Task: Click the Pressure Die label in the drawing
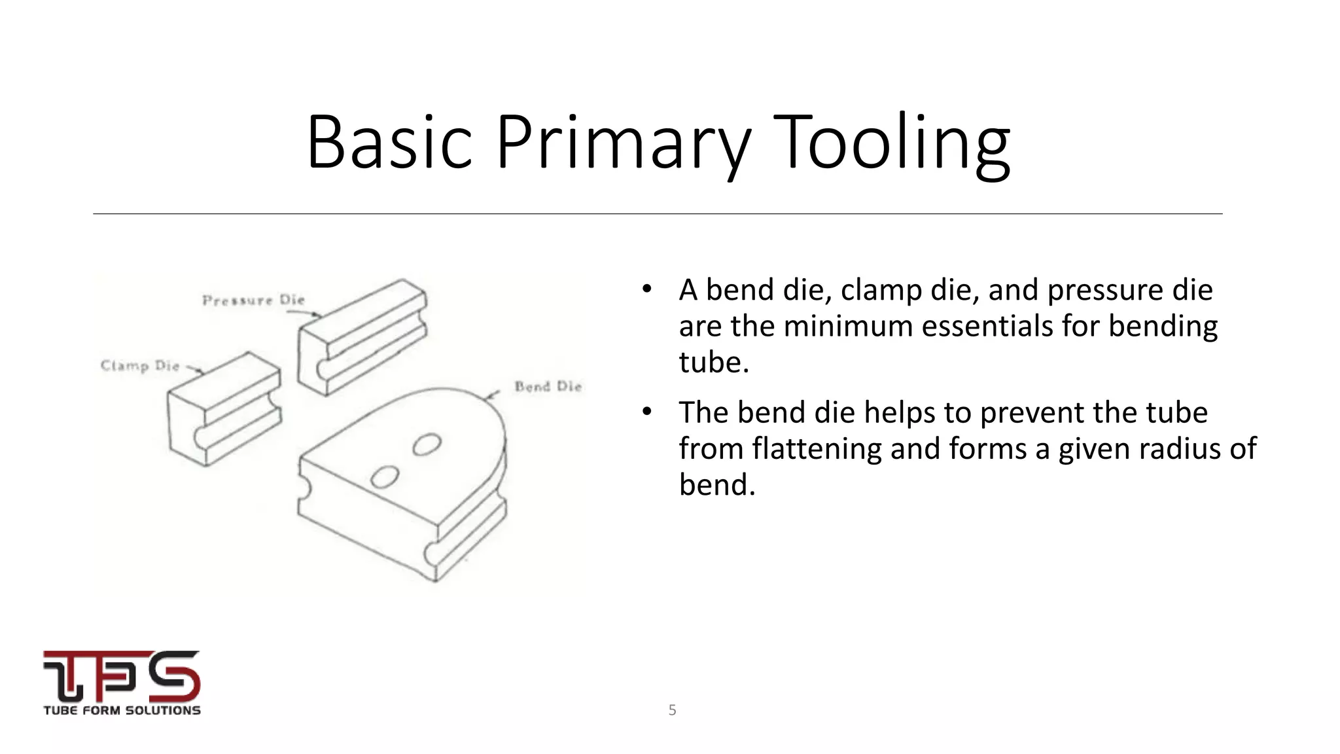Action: (x=253, y=300)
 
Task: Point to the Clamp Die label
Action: (x=140, y=365)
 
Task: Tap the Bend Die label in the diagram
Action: (x=548, y=386)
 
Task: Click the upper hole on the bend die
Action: (x=427, y=445)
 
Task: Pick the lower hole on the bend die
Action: (x=384, y=477)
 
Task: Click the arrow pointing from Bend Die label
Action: (x=492, y=395)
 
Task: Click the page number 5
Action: (x=672, y=710)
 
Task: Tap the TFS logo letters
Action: (x=122, y=675)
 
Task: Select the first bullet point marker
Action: (x=647, y=289)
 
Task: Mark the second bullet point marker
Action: (x=647, y=411)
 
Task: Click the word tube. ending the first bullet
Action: (x=714, y=362)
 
